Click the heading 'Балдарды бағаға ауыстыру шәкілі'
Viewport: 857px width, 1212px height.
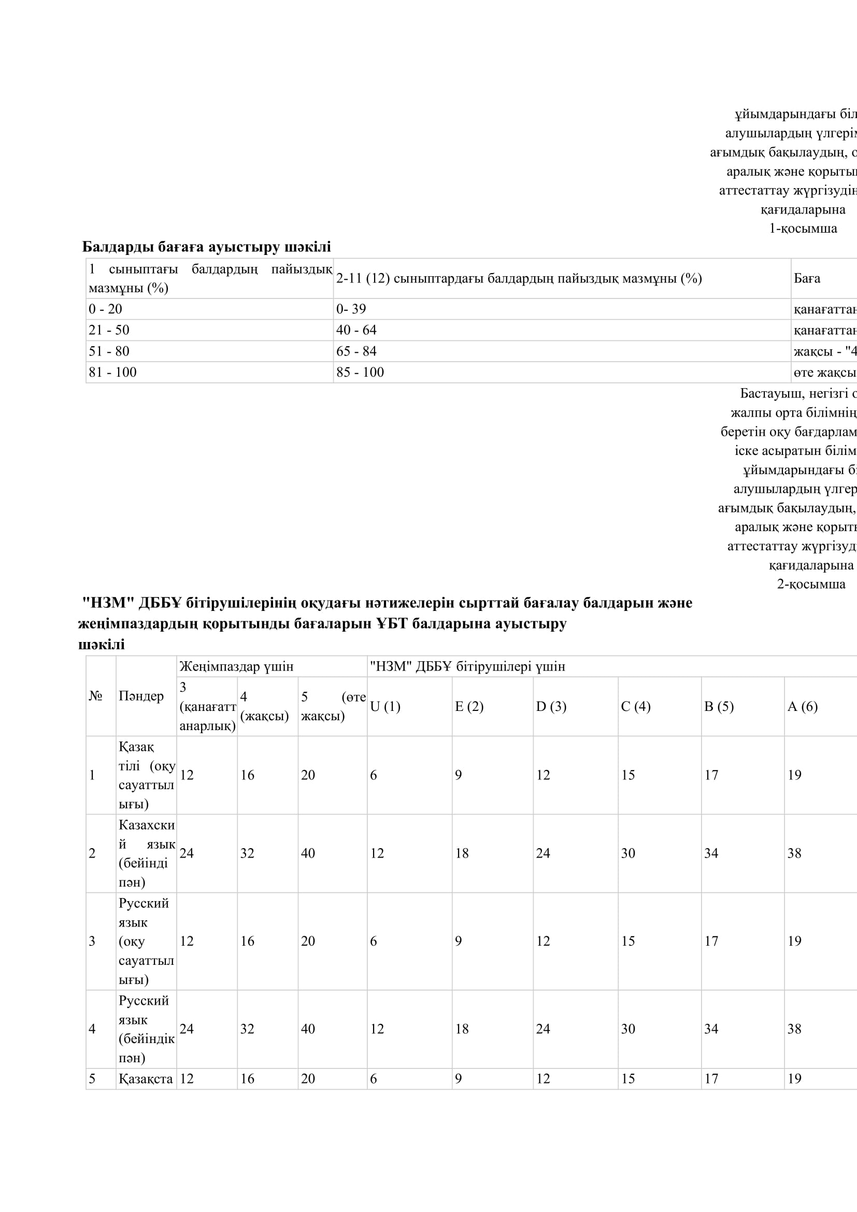[x=206, y=247]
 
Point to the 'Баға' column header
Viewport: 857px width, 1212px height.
[x=807, y=278]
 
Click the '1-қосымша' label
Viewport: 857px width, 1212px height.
[x=803, y=229]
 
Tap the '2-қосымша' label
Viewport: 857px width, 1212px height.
[x=811, y=584]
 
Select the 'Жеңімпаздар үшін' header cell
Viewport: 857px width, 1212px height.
[x=236, y=666]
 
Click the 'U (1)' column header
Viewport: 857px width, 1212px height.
[x=385, y=706]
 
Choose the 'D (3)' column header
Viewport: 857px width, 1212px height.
[x=551, y=706]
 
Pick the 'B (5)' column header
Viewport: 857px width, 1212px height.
[x=719, y=706]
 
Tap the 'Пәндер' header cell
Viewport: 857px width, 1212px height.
[x=141, y=696]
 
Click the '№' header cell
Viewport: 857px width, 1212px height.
[x=95, y=696]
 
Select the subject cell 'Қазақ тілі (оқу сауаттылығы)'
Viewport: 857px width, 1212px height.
[x=146, y=775]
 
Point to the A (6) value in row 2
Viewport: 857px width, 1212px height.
[x=794, y=853]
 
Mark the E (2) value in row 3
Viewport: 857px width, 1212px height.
[x=458, y=940]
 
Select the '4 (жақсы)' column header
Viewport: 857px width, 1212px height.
[x=264, y=706]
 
